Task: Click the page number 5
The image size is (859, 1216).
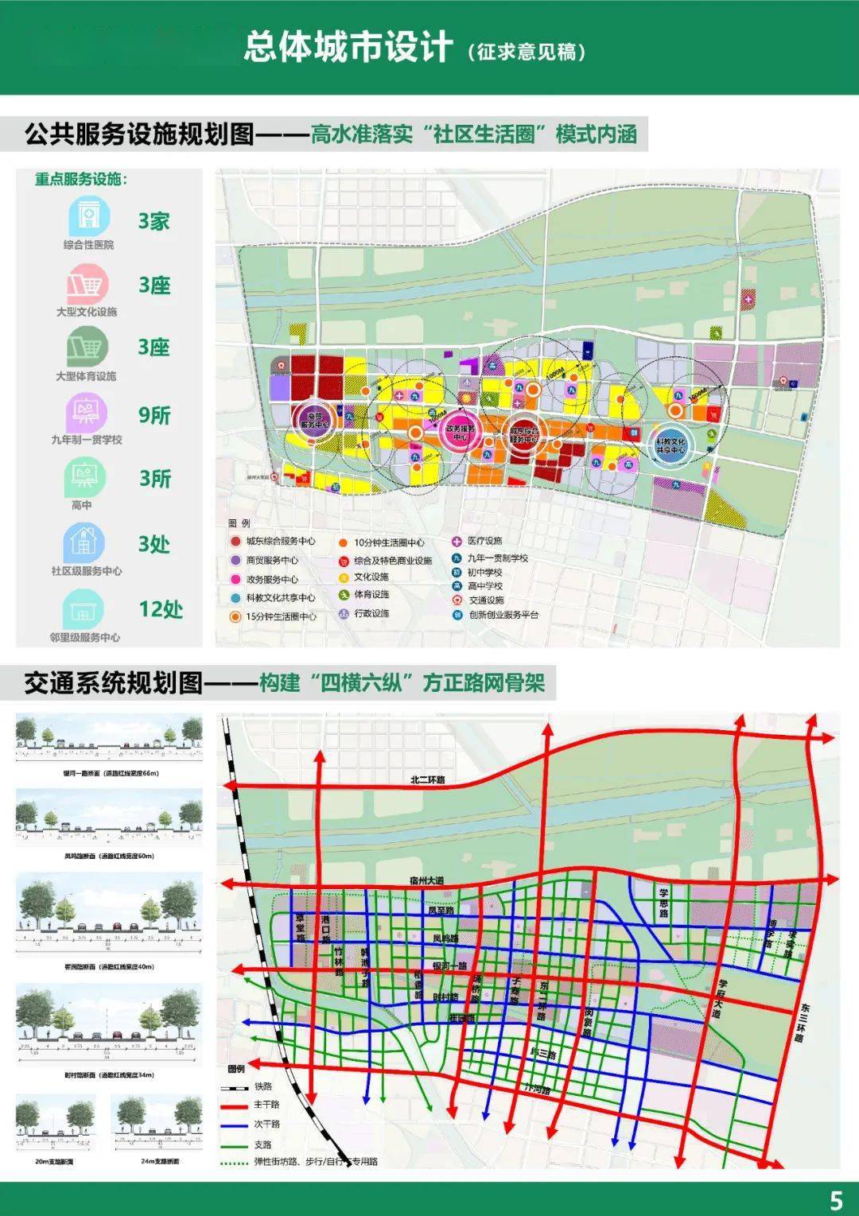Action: pos(835,1199)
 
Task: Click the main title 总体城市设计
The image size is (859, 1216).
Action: pos(348,48)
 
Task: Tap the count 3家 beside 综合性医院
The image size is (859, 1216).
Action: pos(154,221)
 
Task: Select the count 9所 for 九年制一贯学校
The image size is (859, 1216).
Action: pos(154,415)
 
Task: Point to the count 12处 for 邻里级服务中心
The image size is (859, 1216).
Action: pos(160,609)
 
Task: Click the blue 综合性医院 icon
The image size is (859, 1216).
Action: pos(87,215)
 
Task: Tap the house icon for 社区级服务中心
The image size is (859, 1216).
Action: pos(84,543)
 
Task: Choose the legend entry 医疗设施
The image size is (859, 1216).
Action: pos(484,541)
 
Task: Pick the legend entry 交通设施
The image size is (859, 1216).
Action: pos(484,600)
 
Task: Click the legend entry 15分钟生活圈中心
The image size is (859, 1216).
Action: pos(280,616)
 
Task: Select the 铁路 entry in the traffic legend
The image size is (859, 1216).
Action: pos(262,1086)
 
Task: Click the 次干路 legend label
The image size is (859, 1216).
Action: pos(266,1124)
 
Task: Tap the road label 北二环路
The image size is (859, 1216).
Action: pos(428,779)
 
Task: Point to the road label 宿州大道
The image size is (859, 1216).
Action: pos(427,880)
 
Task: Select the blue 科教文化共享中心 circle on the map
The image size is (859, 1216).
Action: pos(670,444)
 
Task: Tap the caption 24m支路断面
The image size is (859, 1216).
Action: pos(160,1162)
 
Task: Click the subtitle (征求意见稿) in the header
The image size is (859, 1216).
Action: pos(527,52)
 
